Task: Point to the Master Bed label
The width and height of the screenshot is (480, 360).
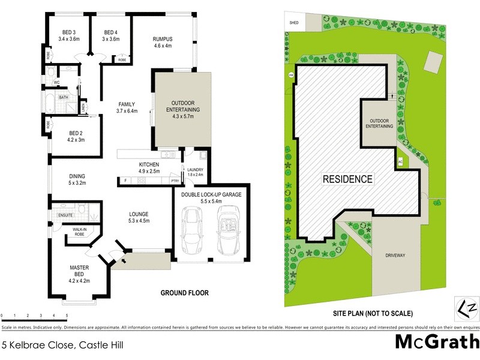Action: [x=79, y=275]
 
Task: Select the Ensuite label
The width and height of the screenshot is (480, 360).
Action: [x=65, y=214]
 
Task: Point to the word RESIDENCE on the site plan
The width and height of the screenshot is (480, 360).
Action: [x=348, y=179]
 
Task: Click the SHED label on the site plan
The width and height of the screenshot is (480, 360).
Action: [x=294, y=23]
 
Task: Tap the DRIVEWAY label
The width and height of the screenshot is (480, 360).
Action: [x=395, y=256]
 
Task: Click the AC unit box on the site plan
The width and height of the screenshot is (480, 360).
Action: [x=400, y=161]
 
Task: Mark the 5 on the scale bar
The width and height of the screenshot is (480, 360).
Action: [x=67, y=315]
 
